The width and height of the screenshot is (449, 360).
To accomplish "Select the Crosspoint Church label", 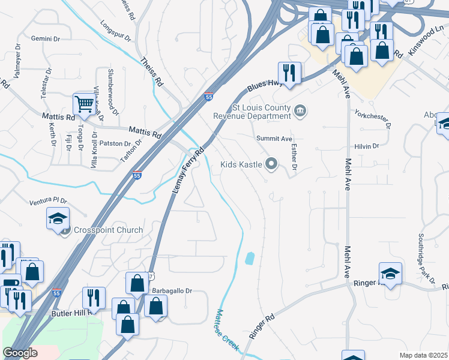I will [x=108, y=230].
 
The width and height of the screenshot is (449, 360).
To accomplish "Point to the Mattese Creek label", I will [x=228, y=328].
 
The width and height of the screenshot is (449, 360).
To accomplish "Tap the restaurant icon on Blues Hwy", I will [x=290, y=73].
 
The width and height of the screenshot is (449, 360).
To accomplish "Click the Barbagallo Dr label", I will [x=171, y=290].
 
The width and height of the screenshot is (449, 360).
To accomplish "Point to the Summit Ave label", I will [x=274, y=138].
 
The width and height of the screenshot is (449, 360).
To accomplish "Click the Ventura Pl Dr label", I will [x=46, y=202].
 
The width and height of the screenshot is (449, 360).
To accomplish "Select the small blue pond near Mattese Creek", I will [x=250, y=259].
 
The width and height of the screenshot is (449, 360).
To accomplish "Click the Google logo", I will [x=20, y=353].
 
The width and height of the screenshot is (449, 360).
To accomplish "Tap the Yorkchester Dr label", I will [x=373, y=118].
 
